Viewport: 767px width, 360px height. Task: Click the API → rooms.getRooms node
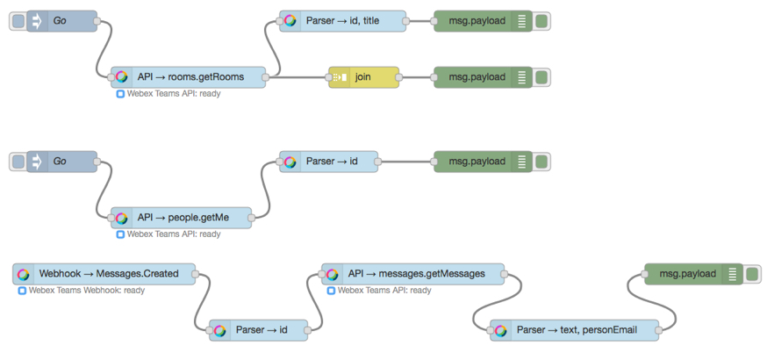click(x=189, y=77)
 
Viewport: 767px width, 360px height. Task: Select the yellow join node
click(x=364, y=77)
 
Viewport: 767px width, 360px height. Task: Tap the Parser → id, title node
click(x=343, y=21)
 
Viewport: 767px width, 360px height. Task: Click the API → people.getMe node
click(x=181, y=218)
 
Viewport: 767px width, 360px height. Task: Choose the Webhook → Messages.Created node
click(x=104, y=274)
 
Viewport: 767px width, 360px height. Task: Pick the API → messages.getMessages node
click(x=412, y=274)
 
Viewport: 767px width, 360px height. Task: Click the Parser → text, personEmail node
click(x=574, y=330)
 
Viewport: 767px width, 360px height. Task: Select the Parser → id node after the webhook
click(x=259, y=330)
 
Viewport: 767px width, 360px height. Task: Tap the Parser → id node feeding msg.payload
click(x=329, y=162)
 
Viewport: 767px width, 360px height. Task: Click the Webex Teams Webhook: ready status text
click(x=87, y=291)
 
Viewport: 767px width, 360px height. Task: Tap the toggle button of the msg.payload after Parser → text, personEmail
click(x=752, y=274)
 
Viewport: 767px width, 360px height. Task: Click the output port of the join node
click(x=399, y=77)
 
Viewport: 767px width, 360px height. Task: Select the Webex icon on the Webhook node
click(x=23, y=274)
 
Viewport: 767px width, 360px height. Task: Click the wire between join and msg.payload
click(x=416, y=77)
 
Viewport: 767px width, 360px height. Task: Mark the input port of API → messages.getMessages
click(x=322, y=274)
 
